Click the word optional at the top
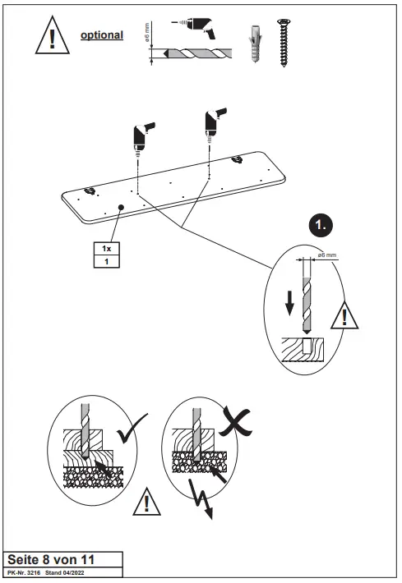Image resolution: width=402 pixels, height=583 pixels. (x=101, y=35)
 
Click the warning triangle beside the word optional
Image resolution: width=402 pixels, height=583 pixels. (x=52, y=36)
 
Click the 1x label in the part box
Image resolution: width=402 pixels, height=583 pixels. (x=106, y=248)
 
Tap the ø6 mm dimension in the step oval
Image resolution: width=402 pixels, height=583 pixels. (x=326, y=256)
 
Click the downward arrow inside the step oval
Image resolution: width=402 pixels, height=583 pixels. (x=288, y=302)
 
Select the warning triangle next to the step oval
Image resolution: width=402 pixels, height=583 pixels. (x=346, y=315)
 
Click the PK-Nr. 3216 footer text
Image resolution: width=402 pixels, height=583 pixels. (x=23, y=571)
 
